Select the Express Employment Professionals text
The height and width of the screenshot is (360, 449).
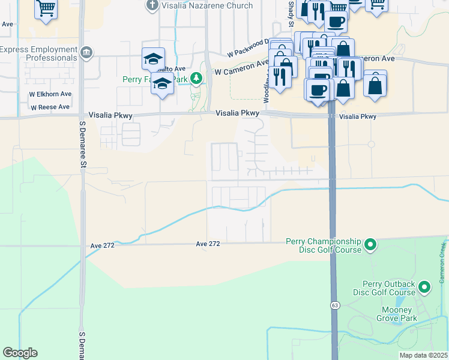pyautogui.click(x=39, y=53)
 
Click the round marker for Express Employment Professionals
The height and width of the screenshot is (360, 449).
pyautogui.click(x=88, y=53)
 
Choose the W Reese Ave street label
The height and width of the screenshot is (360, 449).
pyautogui.click(x=50, y=107)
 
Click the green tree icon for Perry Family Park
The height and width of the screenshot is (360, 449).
pyautogui.click(x=196, y=78)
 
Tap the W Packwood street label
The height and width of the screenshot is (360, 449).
pyautogui.click(x=247, y=50)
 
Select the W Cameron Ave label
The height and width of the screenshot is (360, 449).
pyautogui.click(x=241, y=67)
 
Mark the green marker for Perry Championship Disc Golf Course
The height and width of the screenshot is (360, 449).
pyautogui.click(x=370, y=244)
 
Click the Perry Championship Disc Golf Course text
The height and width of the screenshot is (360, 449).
pyautogui.click(x=323, y=245)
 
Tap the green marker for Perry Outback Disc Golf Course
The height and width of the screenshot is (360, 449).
pyautogui.click(x=425, y=287)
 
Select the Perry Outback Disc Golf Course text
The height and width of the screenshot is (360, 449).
pyautogui.click(x=389, y=288)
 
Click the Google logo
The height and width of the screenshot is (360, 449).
pyautogui.click(x=20, y=353)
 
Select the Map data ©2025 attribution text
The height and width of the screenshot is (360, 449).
pyautogui.click(x=423, y=355)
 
